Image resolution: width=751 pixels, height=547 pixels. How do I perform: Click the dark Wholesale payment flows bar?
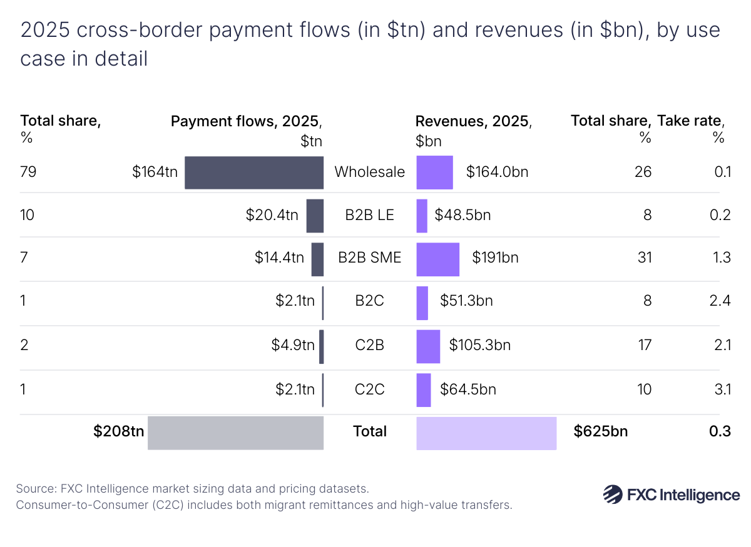coord(254,172)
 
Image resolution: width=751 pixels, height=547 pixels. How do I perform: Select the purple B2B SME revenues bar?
coord(437,259)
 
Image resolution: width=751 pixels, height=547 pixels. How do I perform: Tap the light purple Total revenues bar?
coord(486,433)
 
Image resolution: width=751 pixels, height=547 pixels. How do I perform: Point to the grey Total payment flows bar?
coord(235,433)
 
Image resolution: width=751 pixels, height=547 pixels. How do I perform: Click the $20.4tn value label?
coord(272,216)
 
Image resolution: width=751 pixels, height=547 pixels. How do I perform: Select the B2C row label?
coord(369,301)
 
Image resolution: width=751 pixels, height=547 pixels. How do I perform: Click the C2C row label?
coord(369,389)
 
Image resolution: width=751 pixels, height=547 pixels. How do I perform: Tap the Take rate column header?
coord(690,121)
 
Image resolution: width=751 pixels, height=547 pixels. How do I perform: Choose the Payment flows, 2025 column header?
coord(247,122)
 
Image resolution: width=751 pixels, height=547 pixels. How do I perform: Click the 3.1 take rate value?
coord(722,389)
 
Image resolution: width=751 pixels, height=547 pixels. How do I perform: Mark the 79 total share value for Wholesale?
coord(28,171)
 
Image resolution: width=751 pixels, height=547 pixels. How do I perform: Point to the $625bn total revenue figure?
coord(601,431)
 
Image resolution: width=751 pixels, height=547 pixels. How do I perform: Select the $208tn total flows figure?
coord(118,431)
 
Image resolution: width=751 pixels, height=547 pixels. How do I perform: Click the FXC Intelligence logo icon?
coord(612,494)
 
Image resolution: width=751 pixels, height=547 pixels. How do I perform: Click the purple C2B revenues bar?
coord(428,346)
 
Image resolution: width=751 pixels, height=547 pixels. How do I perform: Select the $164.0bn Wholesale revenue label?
coord(497,172)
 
